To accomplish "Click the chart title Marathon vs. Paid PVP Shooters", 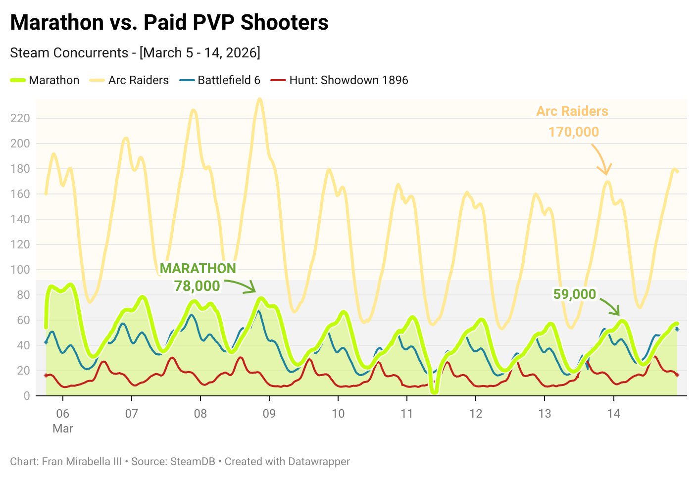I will point(169,23).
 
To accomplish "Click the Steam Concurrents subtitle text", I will point(135,52).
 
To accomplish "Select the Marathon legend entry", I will point(53,80).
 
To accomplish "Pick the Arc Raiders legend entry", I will point(138,80).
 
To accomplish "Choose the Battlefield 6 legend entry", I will point(229,80).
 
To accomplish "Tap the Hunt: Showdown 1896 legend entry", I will point(348,80).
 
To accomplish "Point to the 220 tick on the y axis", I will point(20,118).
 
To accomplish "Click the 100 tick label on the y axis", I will point(20,270).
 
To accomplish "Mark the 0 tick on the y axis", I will point(26,396).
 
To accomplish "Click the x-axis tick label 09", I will point(269,414).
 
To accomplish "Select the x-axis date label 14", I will point(613,414).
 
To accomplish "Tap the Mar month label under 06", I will point(63,429).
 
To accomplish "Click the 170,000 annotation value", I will point(573,132).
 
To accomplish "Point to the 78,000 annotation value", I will point(197,286).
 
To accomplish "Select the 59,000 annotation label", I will point(574,294).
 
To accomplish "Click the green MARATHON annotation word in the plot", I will point(198,268).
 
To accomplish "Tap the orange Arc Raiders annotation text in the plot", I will point(572,111).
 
